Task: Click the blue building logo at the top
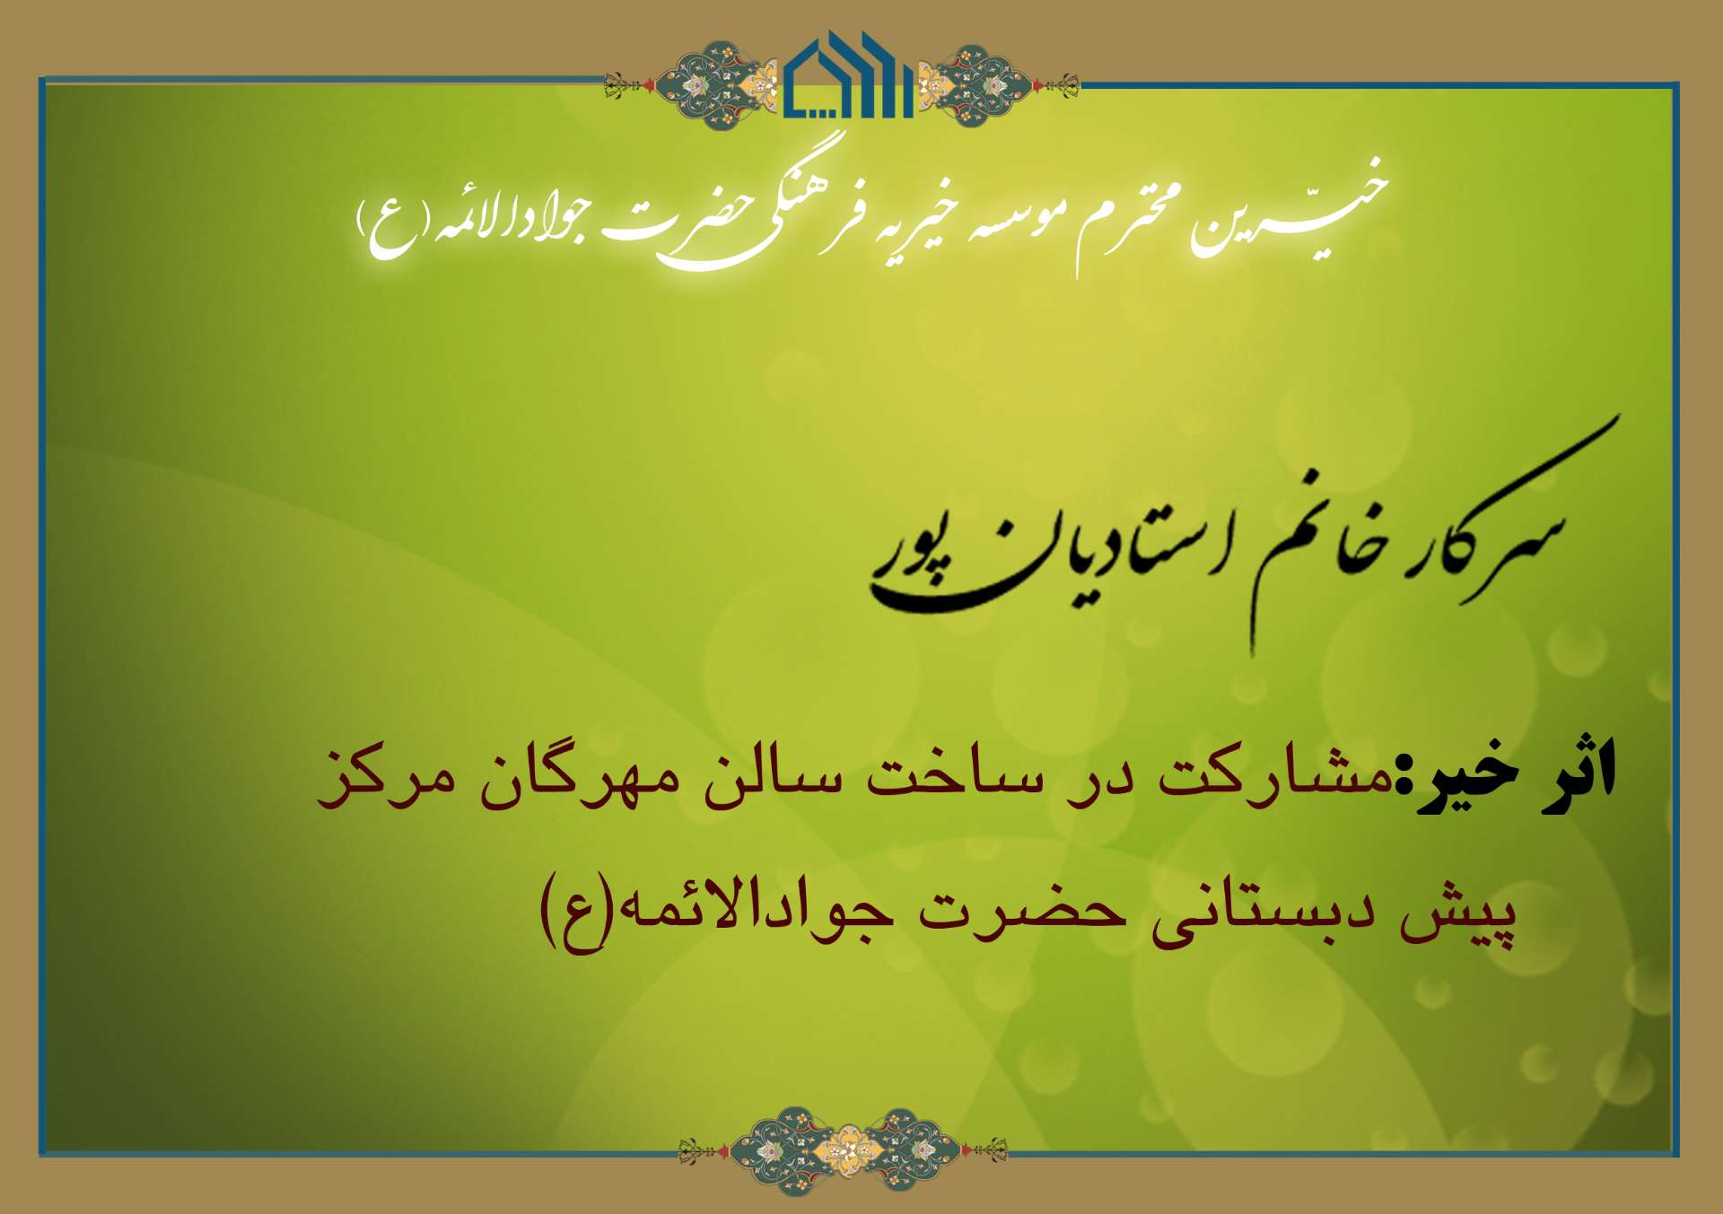[x=849, y=75]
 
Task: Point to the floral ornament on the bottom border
[x=843, y=1150]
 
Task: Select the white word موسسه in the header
[x=1007, y=215]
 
